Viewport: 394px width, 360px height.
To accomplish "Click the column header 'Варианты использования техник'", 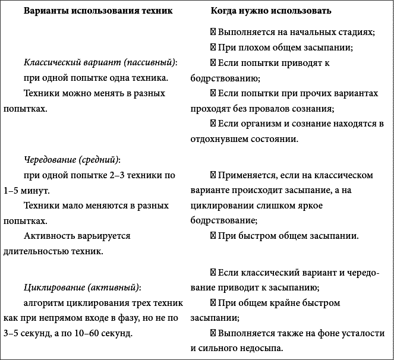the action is tap(94, 12).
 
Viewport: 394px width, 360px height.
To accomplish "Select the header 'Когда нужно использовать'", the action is tap(271, 12).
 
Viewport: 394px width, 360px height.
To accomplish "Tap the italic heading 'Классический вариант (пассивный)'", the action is tap(101, 62).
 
